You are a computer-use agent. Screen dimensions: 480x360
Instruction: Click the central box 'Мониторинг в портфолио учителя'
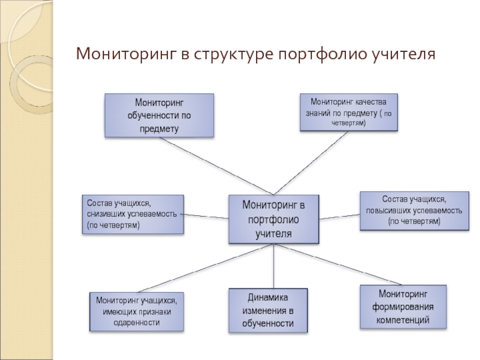274,219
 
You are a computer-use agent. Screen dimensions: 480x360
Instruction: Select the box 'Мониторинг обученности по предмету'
159,115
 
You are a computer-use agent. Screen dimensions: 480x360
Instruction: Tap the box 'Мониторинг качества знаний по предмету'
349,112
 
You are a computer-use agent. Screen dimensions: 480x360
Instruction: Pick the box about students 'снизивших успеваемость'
133,214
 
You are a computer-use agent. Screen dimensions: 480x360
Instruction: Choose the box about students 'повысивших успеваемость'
414,211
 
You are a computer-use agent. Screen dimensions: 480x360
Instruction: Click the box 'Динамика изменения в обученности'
268,310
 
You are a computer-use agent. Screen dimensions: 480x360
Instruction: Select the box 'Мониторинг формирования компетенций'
403,307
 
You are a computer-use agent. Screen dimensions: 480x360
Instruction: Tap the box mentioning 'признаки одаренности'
137,311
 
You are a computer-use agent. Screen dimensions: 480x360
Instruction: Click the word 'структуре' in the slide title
233,54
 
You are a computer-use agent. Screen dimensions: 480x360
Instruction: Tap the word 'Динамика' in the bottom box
268,298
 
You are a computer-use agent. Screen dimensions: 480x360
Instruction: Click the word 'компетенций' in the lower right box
403,320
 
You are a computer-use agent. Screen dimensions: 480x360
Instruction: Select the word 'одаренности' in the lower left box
137,323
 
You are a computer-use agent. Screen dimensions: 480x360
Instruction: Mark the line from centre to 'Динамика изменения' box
274,266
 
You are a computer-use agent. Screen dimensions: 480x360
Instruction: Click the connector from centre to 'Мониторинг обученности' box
217,166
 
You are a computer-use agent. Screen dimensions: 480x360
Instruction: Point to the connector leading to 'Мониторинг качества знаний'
311,163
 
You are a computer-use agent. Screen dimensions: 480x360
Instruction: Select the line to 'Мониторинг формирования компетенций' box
338,265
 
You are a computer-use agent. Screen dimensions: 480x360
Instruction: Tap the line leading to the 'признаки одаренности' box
205,268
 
